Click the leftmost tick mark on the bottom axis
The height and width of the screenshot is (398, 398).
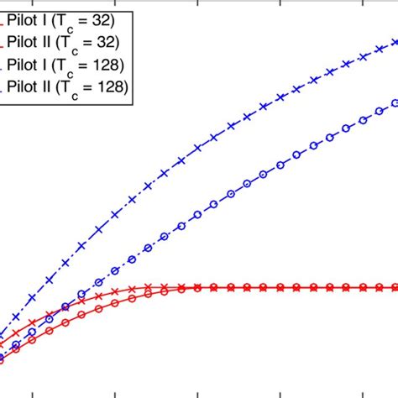(33, 392)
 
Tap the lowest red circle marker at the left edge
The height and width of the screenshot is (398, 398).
(3, 359)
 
